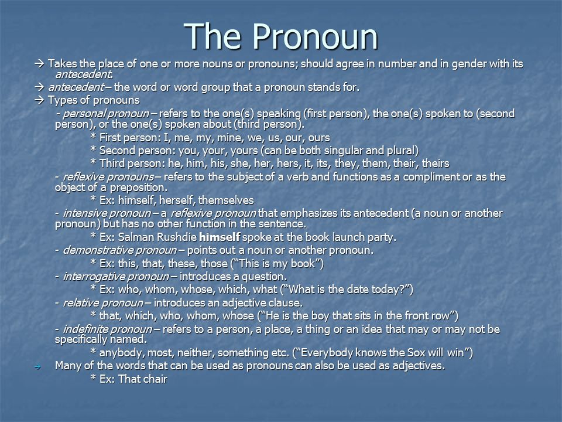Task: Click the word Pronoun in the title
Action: tap(315, 36)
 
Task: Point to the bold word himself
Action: tap(220, 237)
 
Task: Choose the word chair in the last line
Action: tap(155, 379)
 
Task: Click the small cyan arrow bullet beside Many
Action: tap(37, 367)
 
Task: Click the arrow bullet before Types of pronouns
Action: tap(39, 100)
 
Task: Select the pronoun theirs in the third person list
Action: tap(436, 164)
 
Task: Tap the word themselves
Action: tap(226, 200)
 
